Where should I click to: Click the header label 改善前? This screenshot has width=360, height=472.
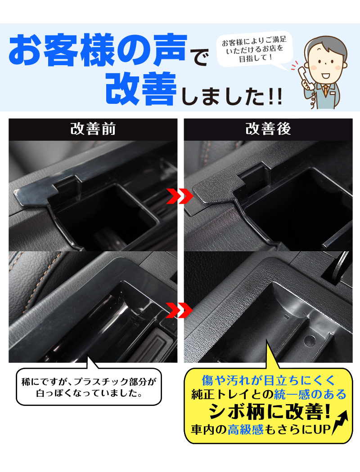point(93,129)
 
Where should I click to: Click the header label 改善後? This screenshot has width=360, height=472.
point(268,129)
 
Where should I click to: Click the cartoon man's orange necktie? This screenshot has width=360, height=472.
point(325,91)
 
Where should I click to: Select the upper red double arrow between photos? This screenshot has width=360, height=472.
point(180,196)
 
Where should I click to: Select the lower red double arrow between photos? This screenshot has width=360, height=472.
point(180,310)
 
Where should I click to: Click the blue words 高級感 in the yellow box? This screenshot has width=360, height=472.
point(245,429)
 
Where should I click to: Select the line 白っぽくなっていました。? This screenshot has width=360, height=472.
point(89,393)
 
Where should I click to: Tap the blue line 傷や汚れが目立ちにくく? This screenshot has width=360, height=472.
point(268,380)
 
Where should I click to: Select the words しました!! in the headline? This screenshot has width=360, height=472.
point(232,96)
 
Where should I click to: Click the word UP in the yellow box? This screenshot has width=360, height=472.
point(322,429)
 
